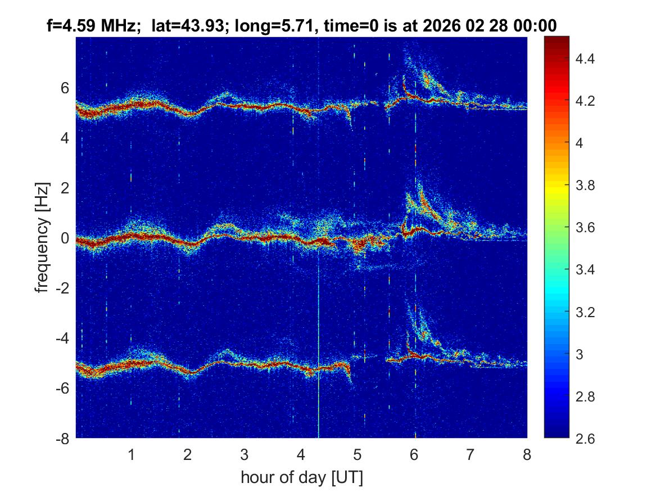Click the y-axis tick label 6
pos(65,88)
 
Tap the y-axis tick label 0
pos(65,238)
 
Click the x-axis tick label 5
pos(358,454)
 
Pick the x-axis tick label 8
pos(527,454)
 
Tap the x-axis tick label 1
pos(132,454)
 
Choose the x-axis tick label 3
pos(245,454)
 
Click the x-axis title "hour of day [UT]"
pos(301,478)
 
